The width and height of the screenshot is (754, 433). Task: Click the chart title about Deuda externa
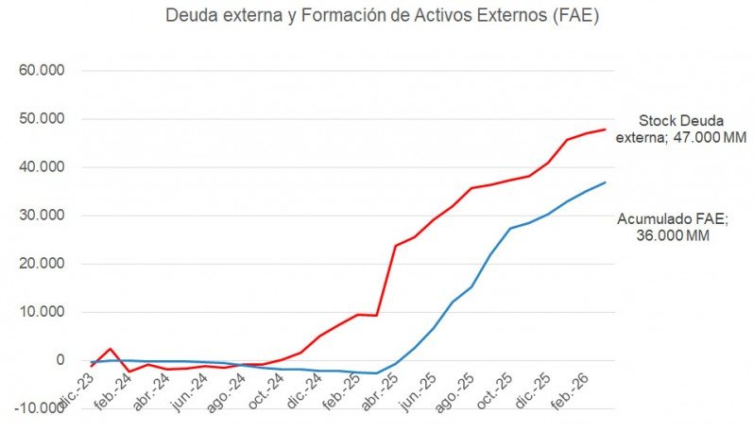(382, 16)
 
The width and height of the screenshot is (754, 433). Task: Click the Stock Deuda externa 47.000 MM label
(680, 129)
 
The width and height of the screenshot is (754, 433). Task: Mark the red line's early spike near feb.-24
(111, 349)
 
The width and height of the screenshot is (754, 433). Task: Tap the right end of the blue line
(605, 182)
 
